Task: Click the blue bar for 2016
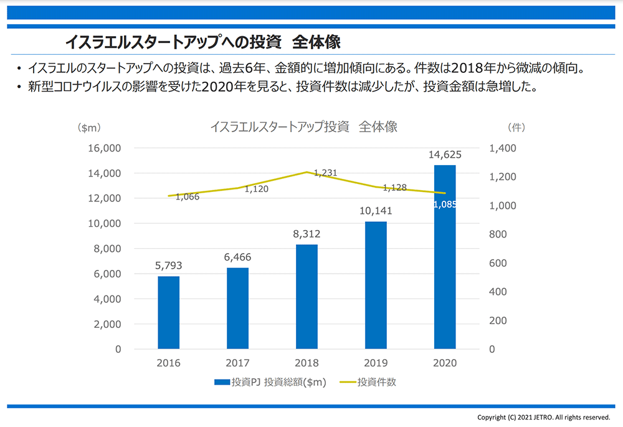(168, 312)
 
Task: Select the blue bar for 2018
(307, 297)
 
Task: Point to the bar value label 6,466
(237, 257)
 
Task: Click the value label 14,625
(445, 154)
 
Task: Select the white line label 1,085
(445, 204)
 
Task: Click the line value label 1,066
(187, 197)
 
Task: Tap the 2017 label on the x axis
(237, 363)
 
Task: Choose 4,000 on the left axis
(105, 299)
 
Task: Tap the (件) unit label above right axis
(517, 127)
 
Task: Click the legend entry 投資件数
(376, 382)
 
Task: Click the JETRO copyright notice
(543, 417)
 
